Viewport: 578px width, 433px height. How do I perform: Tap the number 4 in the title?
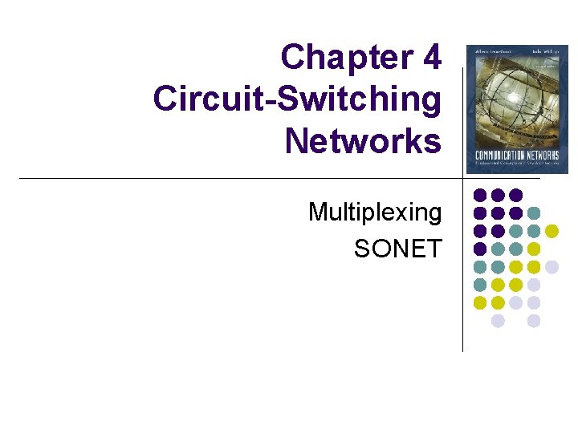[x=429, y=58]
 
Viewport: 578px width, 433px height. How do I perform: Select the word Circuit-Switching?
[x=297, y=99]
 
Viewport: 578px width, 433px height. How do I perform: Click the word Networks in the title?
[x=363, y=141]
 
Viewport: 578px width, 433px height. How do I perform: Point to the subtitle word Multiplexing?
[x=375, y=212]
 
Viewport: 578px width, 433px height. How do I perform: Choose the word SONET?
[x=397, y=249]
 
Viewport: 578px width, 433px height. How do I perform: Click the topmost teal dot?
[x=534, y=213]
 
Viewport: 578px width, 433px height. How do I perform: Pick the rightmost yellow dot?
[x=552, y=231]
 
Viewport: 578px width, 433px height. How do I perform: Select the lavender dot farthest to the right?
[x=552, y=267]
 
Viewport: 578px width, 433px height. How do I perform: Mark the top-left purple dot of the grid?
[x=480, y=195]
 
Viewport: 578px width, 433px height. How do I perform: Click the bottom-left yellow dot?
[x=480, y=302]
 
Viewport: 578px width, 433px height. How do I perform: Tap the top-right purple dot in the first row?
[x=516, y=195]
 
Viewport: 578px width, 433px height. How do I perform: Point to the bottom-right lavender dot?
[x=534, y=321]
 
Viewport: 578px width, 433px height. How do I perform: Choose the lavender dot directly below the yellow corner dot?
[x=498, y=321]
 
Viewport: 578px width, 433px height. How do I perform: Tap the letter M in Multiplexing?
[x=319, y=212]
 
